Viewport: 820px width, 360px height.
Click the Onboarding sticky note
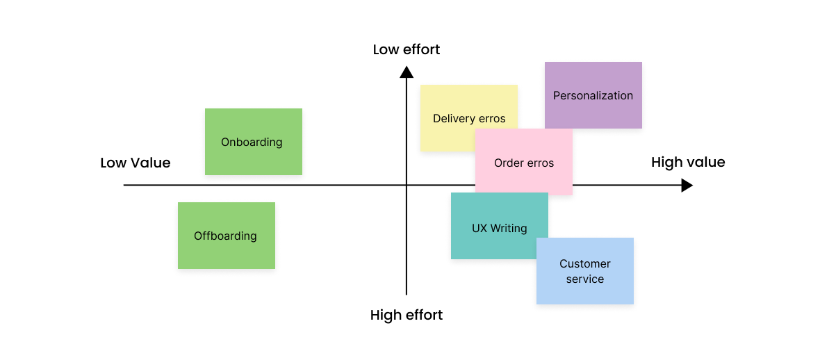click(253, 142)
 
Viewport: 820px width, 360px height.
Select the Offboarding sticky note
click(226, 236)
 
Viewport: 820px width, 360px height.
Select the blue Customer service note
click(585, 271)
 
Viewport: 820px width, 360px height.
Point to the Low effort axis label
click(407, 49)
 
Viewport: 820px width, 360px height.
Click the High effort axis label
click(407, 315)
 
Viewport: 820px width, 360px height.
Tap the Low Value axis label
click(136, 163)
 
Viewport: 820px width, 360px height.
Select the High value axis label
click(688, 162)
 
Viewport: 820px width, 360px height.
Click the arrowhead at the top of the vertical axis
click(407, 71)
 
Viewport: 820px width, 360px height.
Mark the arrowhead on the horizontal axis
click(687, 186)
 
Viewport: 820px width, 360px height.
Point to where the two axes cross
click(407, 186)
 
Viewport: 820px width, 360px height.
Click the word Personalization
click(593, 95)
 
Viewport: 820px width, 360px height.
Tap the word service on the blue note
click(585, 279)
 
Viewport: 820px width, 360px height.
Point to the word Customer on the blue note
click(585, 263)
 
